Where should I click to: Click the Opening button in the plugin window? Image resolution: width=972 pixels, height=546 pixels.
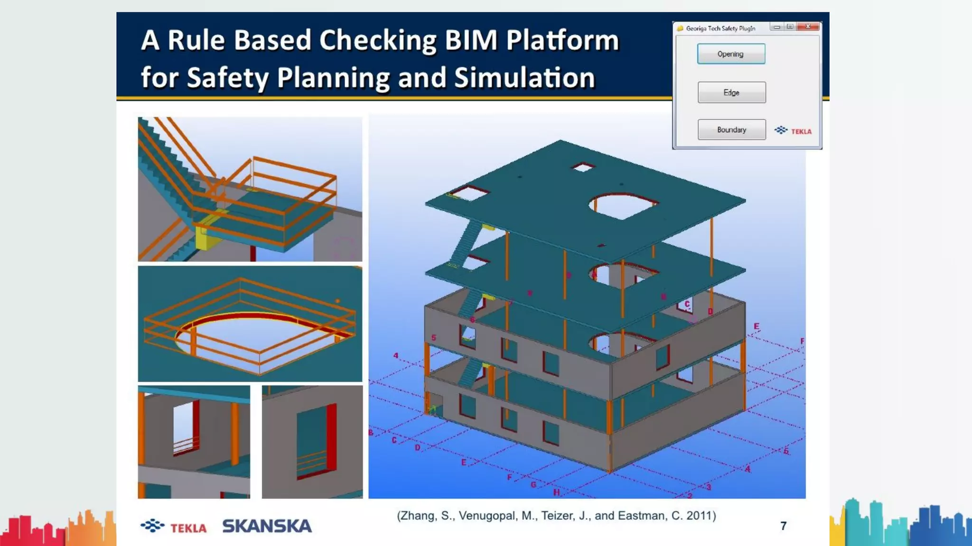click(x=731, y=54)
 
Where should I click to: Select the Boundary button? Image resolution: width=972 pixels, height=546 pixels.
click(x=731, y=129)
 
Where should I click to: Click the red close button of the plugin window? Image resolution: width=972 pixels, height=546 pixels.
click(x=808, y=27)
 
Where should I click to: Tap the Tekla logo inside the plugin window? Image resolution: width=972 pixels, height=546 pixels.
click(x=793, y=130)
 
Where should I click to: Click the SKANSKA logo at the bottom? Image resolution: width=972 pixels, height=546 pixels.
click(x=267, y=526)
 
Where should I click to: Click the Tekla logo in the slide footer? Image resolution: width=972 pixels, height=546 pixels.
click(x=174, y=527)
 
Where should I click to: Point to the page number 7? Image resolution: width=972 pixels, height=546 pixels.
click(x=783, y=526)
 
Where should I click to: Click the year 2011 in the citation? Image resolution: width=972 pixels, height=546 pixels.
click(x=699, y=516)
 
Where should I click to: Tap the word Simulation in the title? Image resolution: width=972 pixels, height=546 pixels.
click(x=524, y=78)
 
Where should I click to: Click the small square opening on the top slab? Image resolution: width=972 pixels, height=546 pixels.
click(x=583, y=167)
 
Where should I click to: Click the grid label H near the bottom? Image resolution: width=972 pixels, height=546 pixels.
click(x=556, y=492)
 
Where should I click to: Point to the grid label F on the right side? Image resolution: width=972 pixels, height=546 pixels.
click(x=802, y=341)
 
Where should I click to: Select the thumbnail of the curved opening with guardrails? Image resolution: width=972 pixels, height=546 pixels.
click(x=250, y=324)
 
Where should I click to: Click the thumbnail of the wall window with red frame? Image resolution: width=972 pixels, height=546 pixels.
click(x=312, y=442)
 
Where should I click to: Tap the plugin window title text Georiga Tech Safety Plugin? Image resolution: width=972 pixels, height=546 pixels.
click(x=720, y=28)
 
